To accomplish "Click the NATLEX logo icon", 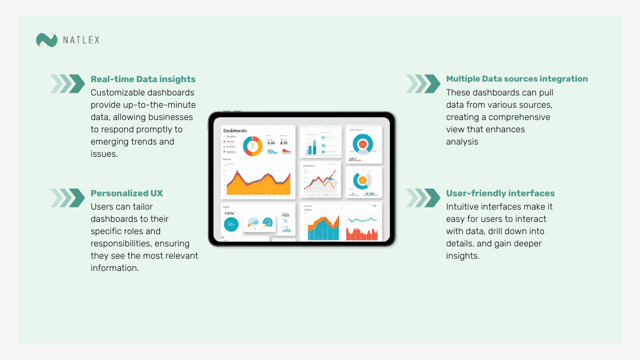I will pyautogui.click(x=46, y=40).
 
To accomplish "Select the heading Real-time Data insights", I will pyautogui.click(x=143, y=79).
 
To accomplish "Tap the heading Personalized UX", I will pyautogui.click(x=127, y=193).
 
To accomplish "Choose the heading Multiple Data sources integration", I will pyautogui.click(x=517, y=79).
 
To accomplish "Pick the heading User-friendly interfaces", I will pyautogui.click(x=500, y=193).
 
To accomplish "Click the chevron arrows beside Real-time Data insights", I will pyautogui.click(x=68, y=84).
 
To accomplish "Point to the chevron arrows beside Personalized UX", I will pyautogui.click(x=68, y=198).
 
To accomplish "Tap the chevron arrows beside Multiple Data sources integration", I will pyautogui.click(x=423, y=84).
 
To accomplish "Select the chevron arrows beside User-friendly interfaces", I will pyautogui.click(x=423, y=198).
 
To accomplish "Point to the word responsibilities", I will pyautogui.click(x=125, y=243).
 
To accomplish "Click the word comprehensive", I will pyautogui.click(x=519, y=117).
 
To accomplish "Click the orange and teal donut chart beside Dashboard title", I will pyautogui.click(x=252, y=145).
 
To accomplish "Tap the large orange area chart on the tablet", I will pyautogui.click(x=259, y=184).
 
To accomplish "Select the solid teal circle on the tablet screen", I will pyautogui.click(x=231, y=225).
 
